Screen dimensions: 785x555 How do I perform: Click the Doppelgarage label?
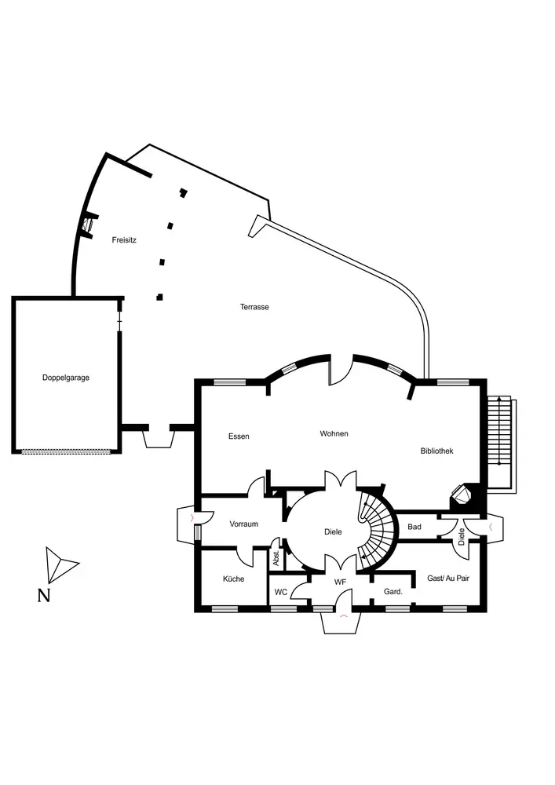point(66,378)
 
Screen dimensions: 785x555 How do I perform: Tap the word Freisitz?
point(124,239)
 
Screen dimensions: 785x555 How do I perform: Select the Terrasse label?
point(254,307)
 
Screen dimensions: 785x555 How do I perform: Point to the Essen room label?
point(239,436)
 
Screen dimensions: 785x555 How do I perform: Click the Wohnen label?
point(334,433)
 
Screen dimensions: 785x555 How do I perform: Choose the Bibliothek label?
point(436,451)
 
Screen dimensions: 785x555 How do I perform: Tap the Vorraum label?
point(244,524)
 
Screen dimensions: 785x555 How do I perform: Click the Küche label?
point(233,579)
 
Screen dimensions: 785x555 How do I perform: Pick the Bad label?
point(414,527)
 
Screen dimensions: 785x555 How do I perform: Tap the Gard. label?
point(393,592)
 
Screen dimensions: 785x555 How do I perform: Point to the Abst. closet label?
point(276,558)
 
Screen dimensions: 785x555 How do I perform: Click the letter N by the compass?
point(44,595)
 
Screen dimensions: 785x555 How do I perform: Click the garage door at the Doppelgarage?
point(66,451)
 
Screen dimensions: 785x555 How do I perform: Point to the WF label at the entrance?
point(340,582)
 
